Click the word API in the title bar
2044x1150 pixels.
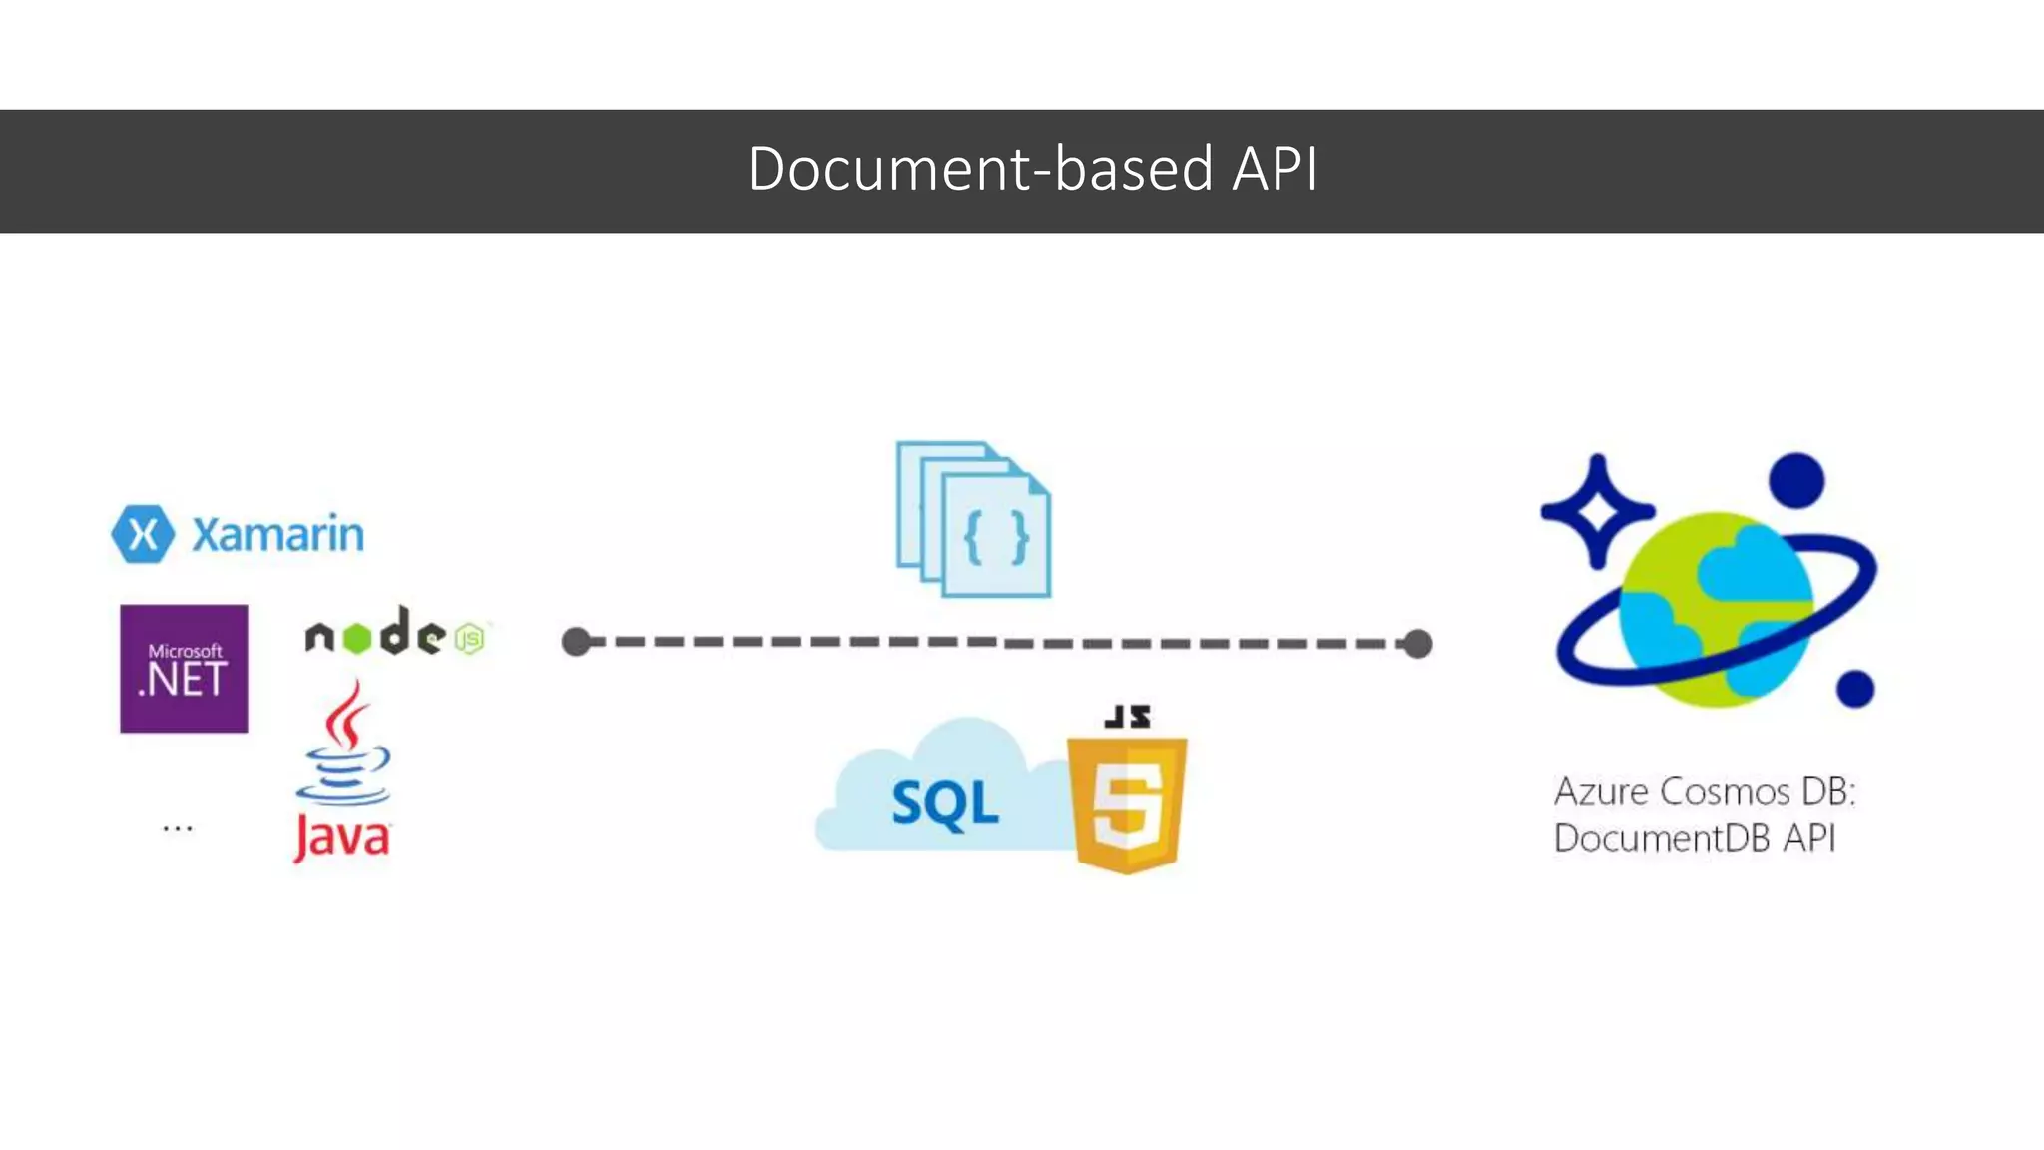[1275, 169]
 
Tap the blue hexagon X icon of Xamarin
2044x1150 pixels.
[143, 534]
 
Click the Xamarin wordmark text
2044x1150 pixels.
[277, 535]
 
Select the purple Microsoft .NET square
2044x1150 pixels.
[184, 669]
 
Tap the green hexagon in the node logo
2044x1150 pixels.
[356, 638]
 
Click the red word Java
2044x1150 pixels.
[342, 836]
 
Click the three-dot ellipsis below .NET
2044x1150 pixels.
[178, 828]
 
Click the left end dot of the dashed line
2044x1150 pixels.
[576, 642]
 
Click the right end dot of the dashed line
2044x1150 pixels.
[1417, 644]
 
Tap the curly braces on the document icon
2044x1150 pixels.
[996, 538]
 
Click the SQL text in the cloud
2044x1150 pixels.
[944, 803]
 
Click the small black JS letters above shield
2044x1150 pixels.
[1128, 716]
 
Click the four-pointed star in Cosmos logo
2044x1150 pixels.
[1596, 511]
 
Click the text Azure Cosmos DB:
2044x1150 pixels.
[1704, 792]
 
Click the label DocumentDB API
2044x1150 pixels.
[1694, 838]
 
